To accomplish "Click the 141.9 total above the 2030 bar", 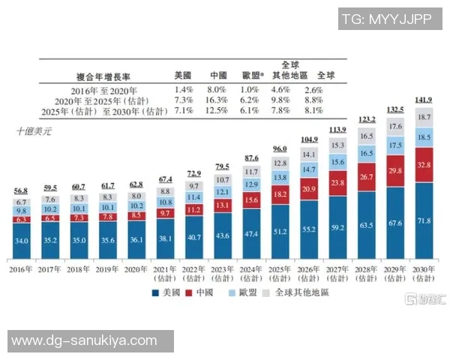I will coord(424,100).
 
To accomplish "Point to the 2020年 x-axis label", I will coord(136,268).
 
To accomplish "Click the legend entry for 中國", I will coord(203,292).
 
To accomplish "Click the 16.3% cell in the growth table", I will coord(218,100).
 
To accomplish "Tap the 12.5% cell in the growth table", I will coord(218,110).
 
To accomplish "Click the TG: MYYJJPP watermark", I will coord(385,19).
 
